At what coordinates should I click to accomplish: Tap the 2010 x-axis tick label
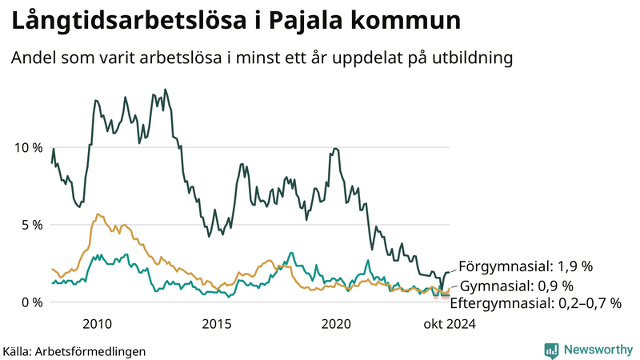[97, 324]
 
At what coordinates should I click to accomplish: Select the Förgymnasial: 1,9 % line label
[525, 266]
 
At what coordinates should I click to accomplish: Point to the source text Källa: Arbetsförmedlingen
[74, 351]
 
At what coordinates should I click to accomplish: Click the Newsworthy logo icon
[551, 350]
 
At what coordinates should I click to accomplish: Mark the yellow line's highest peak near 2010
[97, 214]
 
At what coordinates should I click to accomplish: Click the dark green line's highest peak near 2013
[165, 90]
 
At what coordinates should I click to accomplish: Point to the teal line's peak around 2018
[291, 253]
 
